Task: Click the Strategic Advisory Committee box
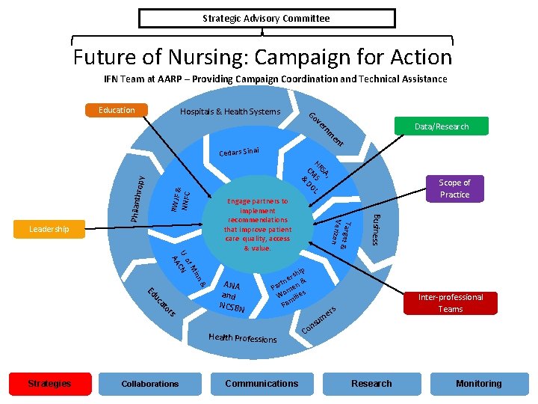pos(266,18)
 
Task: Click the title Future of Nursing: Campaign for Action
pos(262,57)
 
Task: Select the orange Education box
pos(117,110)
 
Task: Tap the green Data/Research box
pos(442,126)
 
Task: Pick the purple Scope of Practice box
pos(454,189)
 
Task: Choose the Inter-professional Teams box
pos(451,303)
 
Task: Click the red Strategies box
pos(49,384)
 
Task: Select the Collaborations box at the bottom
pos(150,384)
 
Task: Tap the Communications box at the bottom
pos(262,384)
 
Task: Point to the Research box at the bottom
pos(371,384)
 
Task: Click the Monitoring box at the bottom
pos(479,384)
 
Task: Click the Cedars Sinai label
pos(239,153)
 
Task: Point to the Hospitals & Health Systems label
pos(230,112)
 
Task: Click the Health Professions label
pos(243,338)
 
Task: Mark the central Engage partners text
pos(257,224)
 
